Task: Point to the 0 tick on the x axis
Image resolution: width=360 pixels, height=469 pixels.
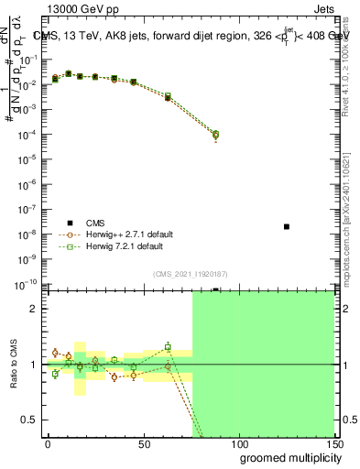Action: coord(48,442)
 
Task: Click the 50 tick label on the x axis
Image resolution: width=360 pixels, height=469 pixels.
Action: coord(143,442)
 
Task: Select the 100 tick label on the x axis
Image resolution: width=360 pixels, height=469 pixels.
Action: coord(238,442)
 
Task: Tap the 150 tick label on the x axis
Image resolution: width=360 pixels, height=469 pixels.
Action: coord(333,442)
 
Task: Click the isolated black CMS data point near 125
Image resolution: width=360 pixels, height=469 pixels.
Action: coord(287,226)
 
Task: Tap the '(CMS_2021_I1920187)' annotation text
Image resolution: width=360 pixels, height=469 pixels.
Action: coord(191,273)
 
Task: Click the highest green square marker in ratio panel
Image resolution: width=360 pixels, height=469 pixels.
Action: coord(168,347)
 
